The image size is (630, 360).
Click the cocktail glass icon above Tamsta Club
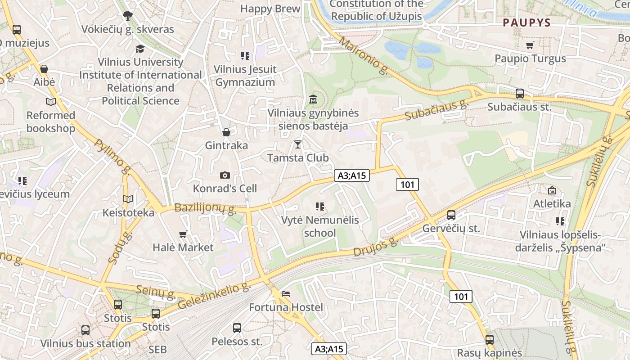point(297,144)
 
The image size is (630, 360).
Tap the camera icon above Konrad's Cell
point(225,175)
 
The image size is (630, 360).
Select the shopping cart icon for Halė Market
point(183,234)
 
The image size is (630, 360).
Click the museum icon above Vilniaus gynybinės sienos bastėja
point(313,99)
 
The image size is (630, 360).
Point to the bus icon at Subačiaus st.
point(520,94)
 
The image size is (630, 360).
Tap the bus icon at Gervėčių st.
point(451,215)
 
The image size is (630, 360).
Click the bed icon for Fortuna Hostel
point(286,294)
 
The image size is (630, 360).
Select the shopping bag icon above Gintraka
point(226,132)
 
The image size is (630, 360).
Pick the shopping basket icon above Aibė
point(44,69)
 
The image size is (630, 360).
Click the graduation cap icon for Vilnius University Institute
point(140,49)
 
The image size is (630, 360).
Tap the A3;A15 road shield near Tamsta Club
point(351,175)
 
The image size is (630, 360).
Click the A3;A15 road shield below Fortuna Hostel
point(329,349)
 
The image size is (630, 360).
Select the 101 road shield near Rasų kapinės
point(461,296)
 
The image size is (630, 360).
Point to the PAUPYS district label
point(526,22)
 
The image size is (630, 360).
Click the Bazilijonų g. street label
point(205,208)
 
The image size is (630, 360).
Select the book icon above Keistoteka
point(128,199)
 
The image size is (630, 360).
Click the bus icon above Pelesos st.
point(237,328)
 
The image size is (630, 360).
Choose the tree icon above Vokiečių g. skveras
point(128,16)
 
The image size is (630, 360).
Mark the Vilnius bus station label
point(85,343)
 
